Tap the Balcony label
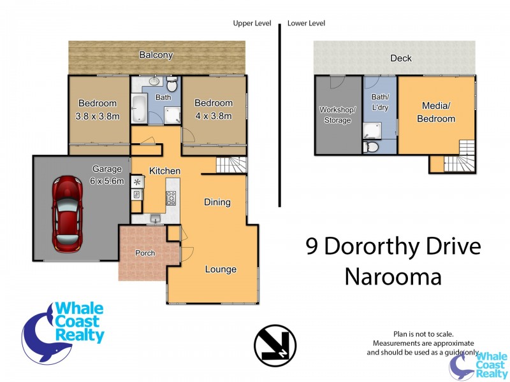coord(156,55)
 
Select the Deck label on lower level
coord(401,59)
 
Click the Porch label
coord(145,253)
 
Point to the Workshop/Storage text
coord(338,115)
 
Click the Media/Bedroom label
coord(436,112)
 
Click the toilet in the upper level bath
coord(172,85)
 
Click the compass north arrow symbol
coord(275,346)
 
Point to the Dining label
coord(217,202)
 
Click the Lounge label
coord(221,269)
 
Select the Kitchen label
coord(164,171)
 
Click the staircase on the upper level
coord(231,166)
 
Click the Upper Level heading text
coord(252,24)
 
